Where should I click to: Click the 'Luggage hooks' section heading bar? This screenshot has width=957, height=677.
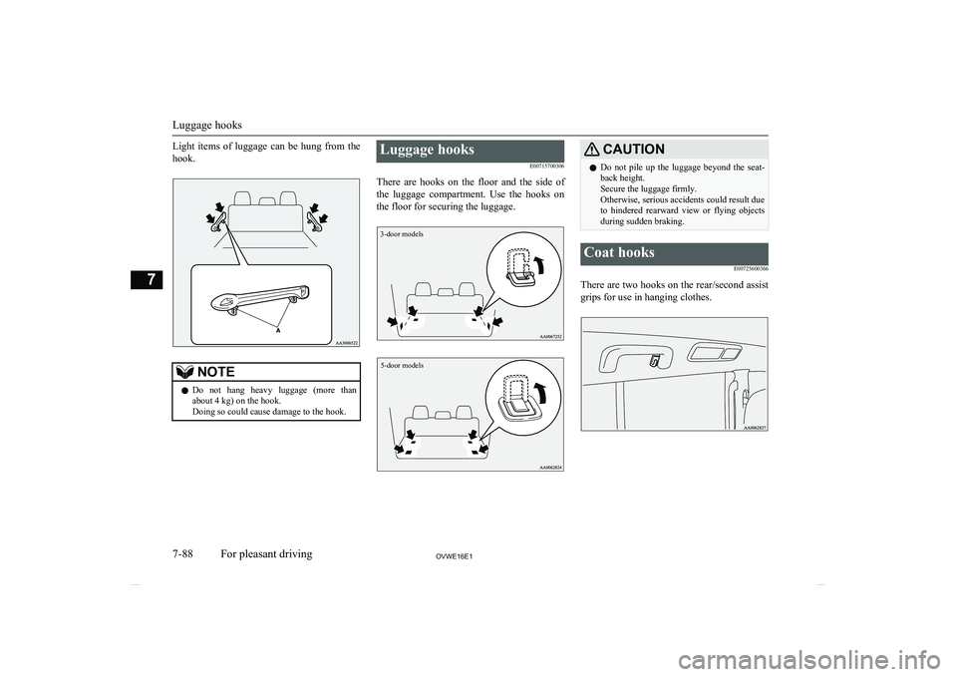point(470,151)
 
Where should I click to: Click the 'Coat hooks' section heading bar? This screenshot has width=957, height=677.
point(673,253)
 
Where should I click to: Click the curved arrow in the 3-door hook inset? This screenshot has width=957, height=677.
point(538,265)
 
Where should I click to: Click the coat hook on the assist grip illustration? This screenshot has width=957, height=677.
point(653,362)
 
